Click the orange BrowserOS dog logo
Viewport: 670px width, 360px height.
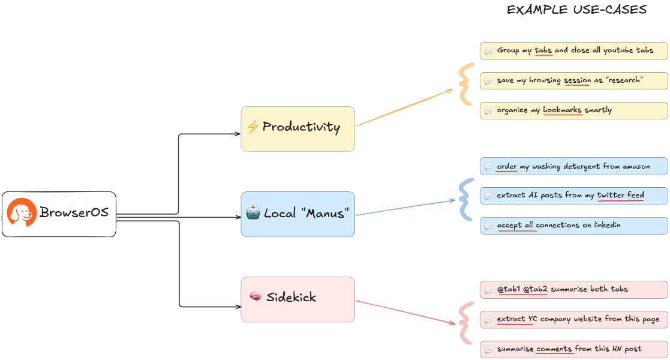(x=22, y=212)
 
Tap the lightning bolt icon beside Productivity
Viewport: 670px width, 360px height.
(x=253, y=127)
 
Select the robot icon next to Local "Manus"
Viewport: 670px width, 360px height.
(x=253, y=212)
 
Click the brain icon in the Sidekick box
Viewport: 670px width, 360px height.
(x=256, y=296)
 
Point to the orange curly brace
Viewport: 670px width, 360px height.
(x=465, y=84)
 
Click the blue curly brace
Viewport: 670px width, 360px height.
(x=465, y=199)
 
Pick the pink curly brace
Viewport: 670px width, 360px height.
(x=465, y=323)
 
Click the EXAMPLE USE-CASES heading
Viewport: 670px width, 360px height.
(x=576, y=10)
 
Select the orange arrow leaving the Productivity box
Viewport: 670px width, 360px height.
(x=404, y=108)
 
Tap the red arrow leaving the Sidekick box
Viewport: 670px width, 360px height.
(x=405, y=313)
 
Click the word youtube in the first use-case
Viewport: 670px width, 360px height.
(x=618, y=50)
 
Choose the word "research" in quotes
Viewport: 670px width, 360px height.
(x=624, y=80)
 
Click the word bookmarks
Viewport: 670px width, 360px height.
(x=562, y=110)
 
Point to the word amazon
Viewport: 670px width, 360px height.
(x=636, y=166)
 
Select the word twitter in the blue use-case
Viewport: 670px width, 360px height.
(x=611, y=195)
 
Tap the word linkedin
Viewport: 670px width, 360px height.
(x=607, y=225)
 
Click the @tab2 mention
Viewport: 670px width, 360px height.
(x=535, y=289)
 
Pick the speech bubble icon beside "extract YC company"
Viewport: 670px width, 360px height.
(x=488, y=320)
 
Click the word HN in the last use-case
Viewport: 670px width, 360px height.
(x=617, y=349)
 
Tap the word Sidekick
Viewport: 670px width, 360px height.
(x=291, y=297)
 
